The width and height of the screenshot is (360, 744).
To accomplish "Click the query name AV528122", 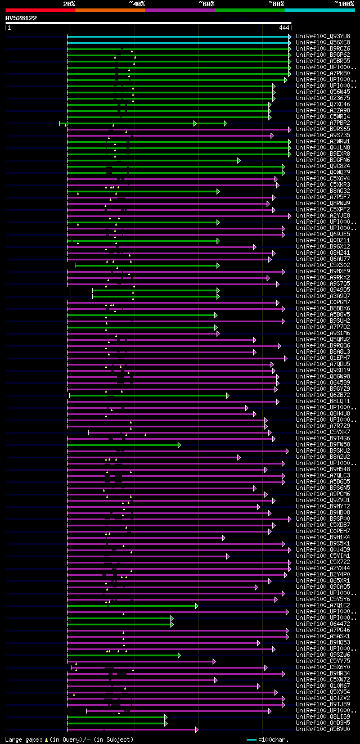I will pyautogui.click(x=21, y=18).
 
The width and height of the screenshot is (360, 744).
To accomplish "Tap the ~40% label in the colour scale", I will pyautogui.click(x=137, y=3).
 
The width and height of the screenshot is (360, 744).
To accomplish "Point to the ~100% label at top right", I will pyautogui.click(x=344, y=3).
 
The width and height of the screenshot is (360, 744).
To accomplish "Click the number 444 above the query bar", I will pyautogui.click(x=284, y=27).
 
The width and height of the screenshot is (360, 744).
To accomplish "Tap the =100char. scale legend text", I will pyautogui.click(x=276, y=740).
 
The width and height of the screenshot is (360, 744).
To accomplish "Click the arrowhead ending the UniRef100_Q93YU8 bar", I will pyautogui.click(x=290, y=36).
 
